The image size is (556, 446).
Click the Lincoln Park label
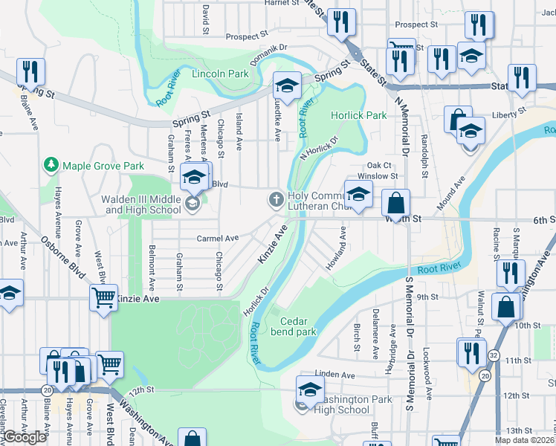[x=220, y=74]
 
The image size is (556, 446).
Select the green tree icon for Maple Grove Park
[x=51, y=164]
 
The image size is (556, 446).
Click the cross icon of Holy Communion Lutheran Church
[x=276, y=198]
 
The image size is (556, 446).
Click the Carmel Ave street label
[x=217, y=239]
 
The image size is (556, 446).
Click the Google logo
[x=25, y=437]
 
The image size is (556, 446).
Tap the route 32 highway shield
[x=494, y=357]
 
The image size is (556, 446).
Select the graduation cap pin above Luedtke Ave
[x=287, y=85]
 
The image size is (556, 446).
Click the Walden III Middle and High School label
[x=143, y=204]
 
